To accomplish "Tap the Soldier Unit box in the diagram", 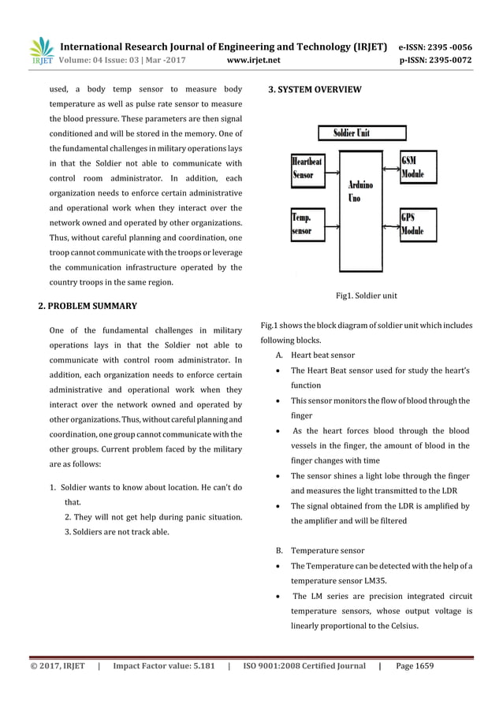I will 352,132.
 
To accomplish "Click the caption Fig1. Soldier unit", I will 366,296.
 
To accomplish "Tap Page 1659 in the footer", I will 415,666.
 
